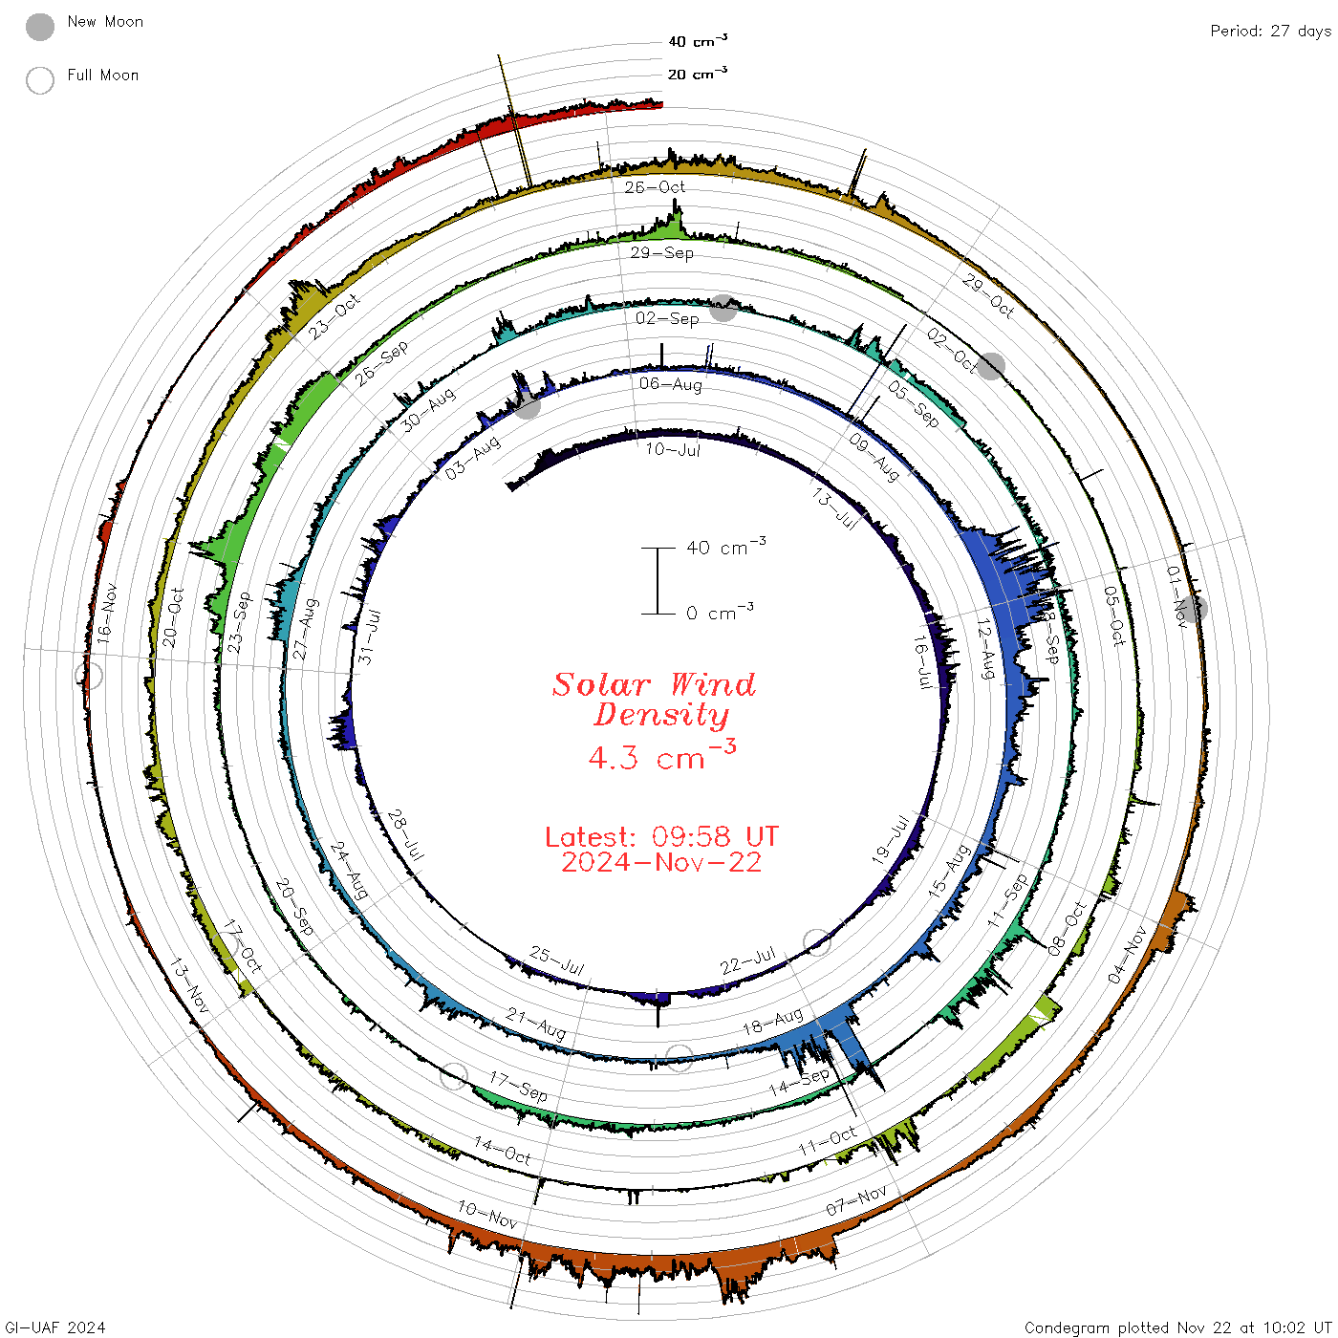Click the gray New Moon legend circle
[40, 27]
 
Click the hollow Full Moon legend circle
[40, 80]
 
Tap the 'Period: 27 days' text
[1271, 32]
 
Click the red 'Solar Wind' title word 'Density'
[661, 715]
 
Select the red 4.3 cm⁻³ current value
[661, 755]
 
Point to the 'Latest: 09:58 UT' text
[661, 836]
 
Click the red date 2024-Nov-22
[661, 862]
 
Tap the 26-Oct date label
[654, 186]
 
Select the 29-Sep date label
[661, 252]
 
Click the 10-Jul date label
[673, 450]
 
